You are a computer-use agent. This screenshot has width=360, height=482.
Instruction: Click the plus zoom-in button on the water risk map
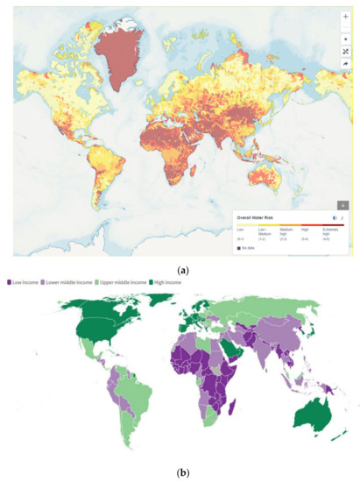[x=344, y=16]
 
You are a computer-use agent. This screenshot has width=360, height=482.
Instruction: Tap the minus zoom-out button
[x=344, y=28]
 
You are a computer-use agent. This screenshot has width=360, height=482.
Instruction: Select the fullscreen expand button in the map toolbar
[x=344, y=52]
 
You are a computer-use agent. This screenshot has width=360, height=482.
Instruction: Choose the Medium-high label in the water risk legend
[x=286, y=230]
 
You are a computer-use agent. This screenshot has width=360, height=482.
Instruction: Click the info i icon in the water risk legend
[x=342, y=217]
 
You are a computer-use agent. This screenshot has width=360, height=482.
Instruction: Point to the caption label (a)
[x=180, y=272]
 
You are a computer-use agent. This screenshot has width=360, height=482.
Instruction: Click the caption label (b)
[x=180, y=472]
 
